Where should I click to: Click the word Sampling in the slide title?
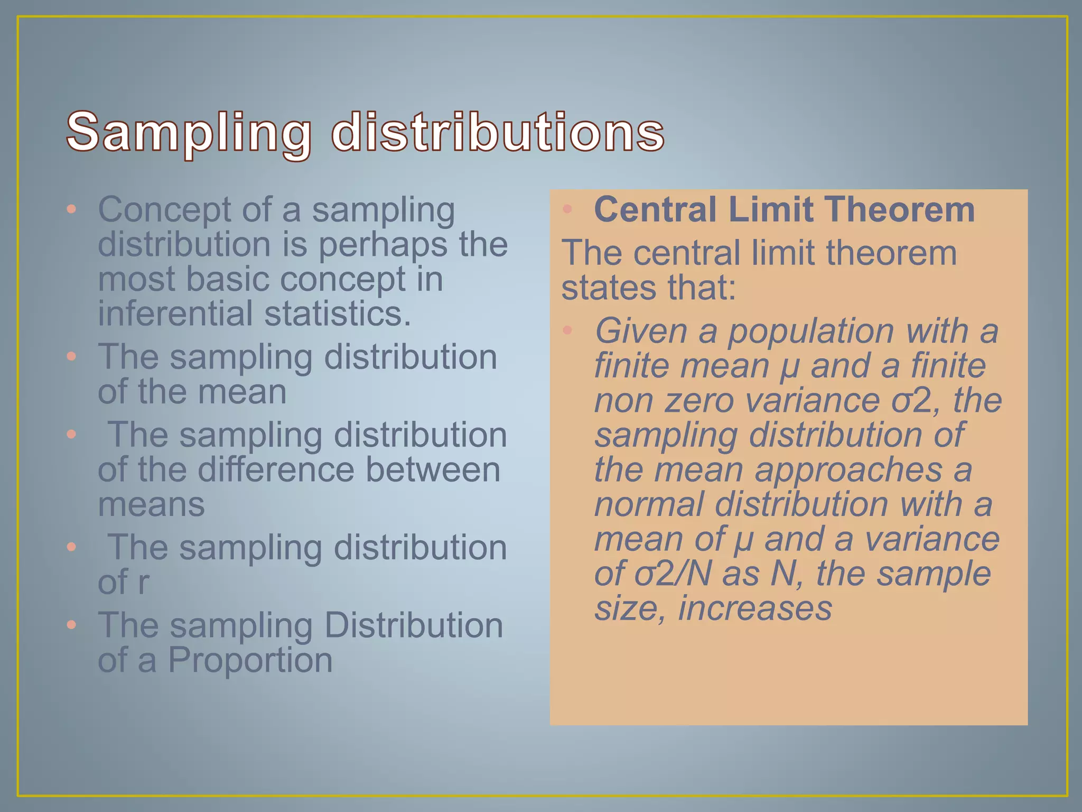coord(189,132)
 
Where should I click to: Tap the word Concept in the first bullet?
coord(164,210)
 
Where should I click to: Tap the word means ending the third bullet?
coord(151,505)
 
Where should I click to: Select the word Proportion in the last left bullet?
coord(250,660)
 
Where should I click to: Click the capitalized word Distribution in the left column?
coord(413,625)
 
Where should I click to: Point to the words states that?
coord(648,288)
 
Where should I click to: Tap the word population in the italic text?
coord(811,331)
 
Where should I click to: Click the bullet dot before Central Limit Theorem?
coord(567,209)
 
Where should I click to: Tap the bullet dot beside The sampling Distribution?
coord(72,625)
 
